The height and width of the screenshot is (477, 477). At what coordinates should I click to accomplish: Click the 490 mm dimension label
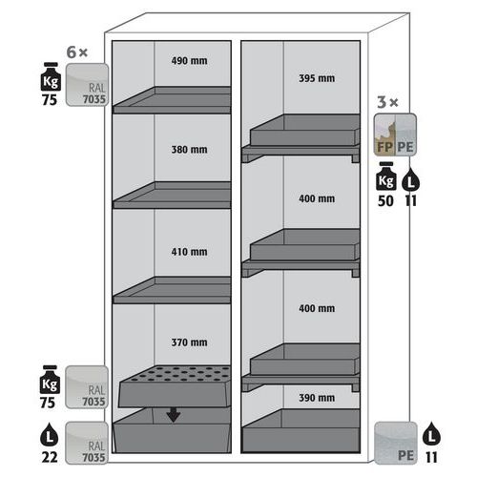point(189,61)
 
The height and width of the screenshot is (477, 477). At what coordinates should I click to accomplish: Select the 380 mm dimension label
point(189,150)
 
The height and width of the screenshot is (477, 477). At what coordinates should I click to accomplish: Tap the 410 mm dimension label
point(189,252)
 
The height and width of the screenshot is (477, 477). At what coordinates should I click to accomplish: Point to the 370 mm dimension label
point(189,342)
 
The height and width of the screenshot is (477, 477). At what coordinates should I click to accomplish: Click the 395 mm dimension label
point(317,78)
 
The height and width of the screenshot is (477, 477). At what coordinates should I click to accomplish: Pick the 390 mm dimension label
point(317,398)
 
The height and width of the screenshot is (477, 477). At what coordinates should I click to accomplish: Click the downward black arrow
point(174,415)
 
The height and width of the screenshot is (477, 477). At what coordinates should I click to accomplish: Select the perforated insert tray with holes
point(175,386)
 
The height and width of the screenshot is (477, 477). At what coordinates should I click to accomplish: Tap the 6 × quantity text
point(77,52)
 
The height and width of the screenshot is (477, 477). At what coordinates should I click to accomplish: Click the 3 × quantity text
point(387,102)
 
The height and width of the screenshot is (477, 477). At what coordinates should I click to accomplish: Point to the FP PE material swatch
point(395,135)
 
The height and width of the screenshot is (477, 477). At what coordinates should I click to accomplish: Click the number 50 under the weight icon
point(385,201)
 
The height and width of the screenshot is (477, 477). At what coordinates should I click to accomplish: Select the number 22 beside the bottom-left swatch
point(50,458)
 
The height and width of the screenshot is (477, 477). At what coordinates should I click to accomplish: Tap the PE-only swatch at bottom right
point(396,443)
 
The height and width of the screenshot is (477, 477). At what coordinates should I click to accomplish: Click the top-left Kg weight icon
point(51,76)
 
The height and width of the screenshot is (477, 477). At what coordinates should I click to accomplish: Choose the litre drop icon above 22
point(50,435)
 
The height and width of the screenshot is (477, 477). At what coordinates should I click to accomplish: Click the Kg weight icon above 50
point(386,176)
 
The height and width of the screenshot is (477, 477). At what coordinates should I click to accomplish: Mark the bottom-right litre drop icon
point(431,434)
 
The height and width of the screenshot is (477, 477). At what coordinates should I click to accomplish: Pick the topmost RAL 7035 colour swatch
point(87,85)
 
